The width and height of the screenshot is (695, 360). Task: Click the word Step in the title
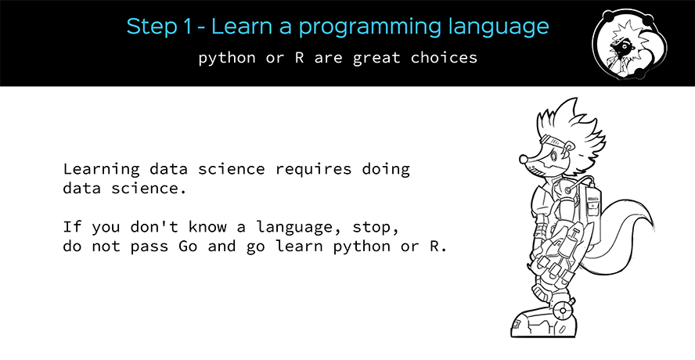(152, 27)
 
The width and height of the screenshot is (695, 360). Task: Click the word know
(207, 226)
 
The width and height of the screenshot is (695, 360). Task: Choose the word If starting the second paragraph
(72, 227)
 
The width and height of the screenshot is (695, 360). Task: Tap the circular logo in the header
(629, 44)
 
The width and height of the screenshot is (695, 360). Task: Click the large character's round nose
(524, 158)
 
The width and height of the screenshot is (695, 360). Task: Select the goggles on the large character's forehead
(552, 142)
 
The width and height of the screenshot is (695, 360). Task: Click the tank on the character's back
(590, 214)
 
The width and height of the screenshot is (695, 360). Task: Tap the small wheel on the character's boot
(563, 311)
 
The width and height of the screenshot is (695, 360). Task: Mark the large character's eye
(553, 157)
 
